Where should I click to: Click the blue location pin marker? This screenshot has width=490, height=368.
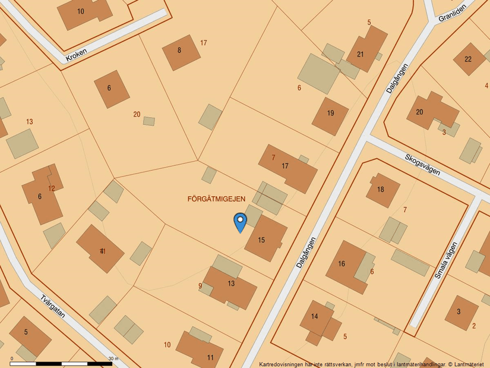(240, 222)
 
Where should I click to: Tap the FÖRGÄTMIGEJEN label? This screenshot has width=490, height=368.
(216, 199)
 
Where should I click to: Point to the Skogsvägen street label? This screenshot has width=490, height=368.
(422, 165)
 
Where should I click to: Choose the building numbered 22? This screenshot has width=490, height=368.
(469, 59)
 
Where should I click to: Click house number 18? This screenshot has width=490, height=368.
(381, 190)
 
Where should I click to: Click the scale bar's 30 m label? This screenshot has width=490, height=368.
(113, 358)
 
